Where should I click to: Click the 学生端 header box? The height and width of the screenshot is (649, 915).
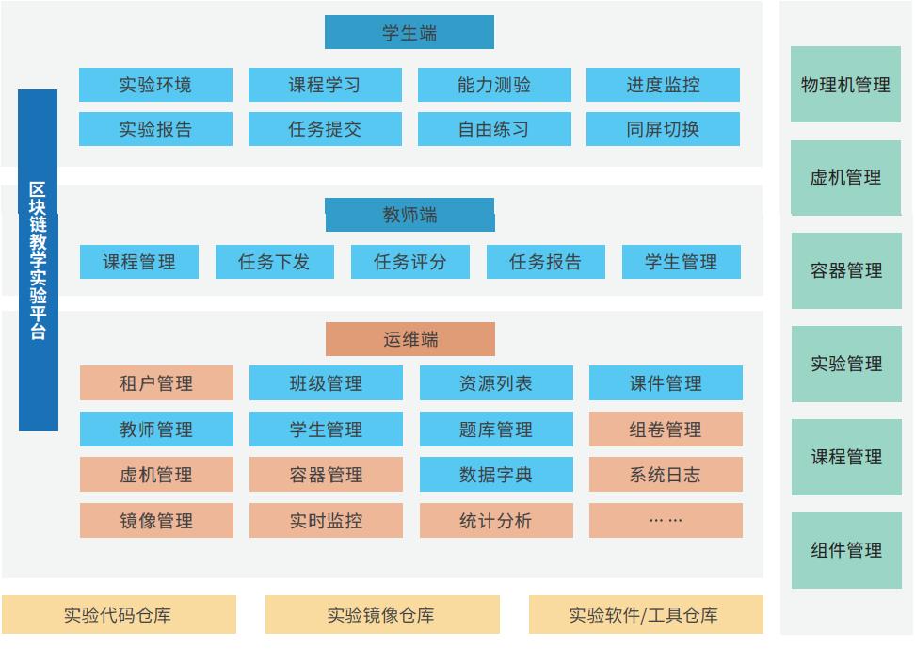click(409, 32)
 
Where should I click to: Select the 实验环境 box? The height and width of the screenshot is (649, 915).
click(156, 85)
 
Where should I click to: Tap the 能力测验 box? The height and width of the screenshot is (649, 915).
click(494, 85)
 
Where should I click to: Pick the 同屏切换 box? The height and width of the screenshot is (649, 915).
click(663, 129)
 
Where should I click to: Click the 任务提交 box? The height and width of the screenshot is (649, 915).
click(325, 129)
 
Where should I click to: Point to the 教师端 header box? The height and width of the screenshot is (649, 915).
click(409, 215)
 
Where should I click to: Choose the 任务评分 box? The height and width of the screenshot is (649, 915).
click(410, 262)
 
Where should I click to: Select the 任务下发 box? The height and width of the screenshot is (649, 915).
click(275, 262)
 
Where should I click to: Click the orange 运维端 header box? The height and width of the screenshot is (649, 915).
click(410, 339)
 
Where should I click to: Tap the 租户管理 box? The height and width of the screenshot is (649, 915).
click(156, 383)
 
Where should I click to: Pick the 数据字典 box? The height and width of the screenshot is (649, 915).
click(496, 475)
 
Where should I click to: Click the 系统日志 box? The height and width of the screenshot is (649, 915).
click(666, 475)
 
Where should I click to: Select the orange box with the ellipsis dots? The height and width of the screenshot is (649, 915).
click(666, 521)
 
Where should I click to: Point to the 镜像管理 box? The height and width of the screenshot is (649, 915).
click(156, 521)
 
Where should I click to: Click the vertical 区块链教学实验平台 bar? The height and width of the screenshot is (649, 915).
click(38, 261)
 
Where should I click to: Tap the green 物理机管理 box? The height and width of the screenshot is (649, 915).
click(845, 85)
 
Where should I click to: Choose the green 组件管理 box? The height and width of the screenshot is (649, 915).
click(846, 550)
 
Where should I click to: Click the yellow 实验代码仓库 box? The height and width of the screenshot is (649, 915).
click(119, 614)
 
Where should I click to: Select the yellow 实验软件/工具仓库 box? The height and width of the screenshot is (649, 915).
click(646, 614)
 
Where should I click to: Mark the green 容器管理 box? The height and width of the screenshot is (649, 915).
click(846, 270)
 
